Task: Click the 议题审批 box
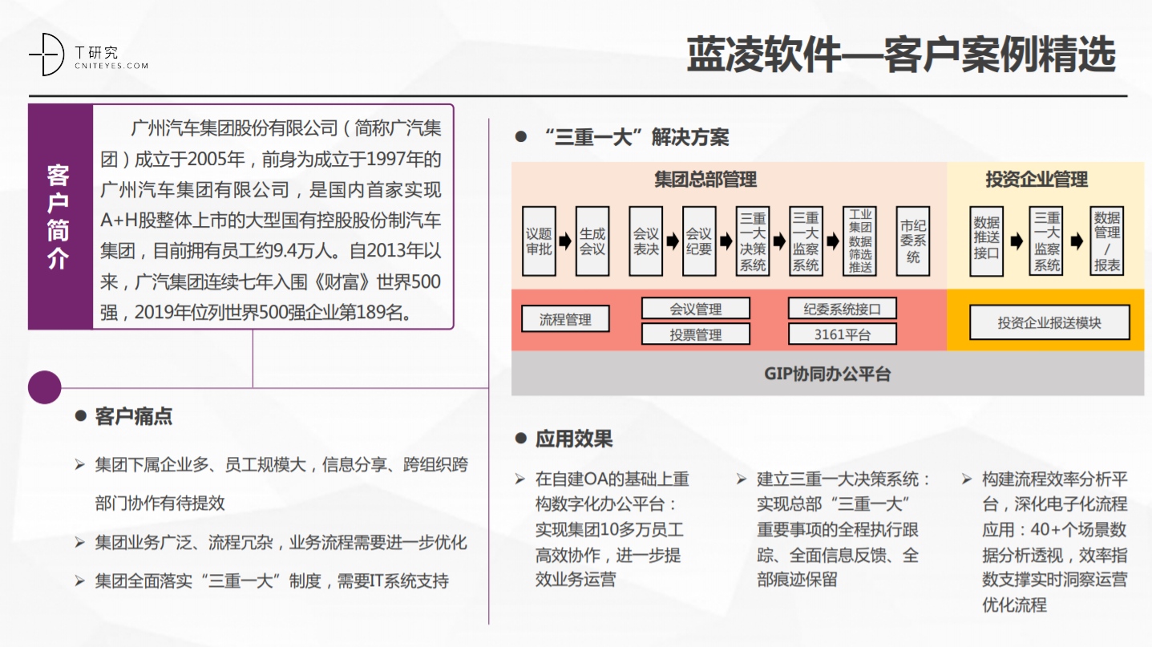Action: pyautogui.click(x=539, y=241)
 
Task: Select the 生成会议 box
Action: pyautogui.click(x=592, y=241)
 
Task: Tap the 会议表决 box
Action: pyautogui.click(x=646, y=241)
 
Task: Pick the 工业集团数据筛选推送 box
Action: pyautogui.click(x=860, y=241)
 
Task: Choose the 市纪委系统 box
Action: pyautogui.click(x=913, y=241)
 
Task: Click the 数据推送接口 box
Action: pyautogui.click(x=986, y=241)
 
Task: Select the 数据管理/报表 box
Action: pyautogui.click(x=1107, y=241)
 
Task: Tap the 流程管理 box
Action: pyautogui.click(x=565, y=319)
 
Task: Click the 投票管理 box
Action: pyautogui.click(x=696, y=334)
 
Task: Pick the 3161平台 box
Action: pyautogui.click(x=843, y=334)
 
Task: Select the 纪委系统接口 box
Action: pyautogui.click(x=843, y=309)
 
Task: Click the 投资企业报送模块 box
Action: pyautogui.click(x=1049, y=322)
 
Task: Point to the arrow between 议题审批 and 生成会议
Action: pyautogui.click(x=566, y=241)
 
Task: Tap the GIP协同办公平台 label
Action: pyautogui.click(x=827, y=374)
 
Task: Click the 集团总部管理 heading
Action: pyautogui.click(x=705, y=180)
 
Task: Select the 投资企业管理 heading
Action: pyautogui.click(x=1037, y=180)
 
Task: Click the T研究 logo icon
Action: pyautogui.click(x=46, y=55)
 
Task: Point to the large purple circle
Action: pyautogui.click(x=45, y=387)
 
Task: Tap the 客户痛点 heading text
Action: pyautogui.click(x=134, y=416)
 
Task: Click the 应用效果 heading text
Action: pyautogui.click(x=574, y=439)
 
